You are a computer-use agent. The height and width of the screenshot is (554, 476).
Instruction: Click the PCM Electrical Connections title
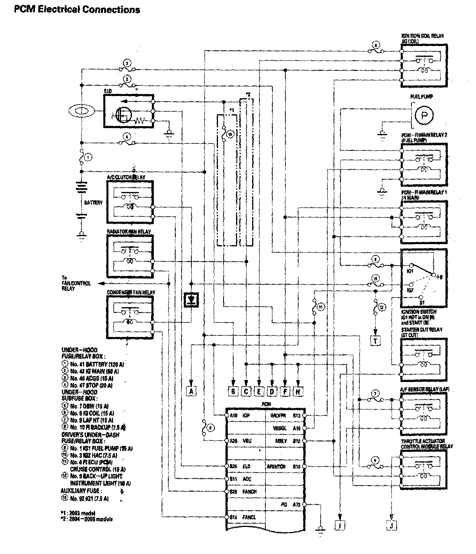tap(77, 9)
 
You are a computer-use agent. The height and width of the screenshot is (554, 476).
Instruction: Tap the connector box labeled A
tap(191, 391)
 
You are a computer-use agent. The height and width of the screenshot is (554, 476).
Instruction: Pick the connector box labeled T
tap(375, 340)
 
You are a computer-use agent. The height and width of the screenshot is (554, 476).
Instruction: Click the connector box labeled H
tap(298, 391)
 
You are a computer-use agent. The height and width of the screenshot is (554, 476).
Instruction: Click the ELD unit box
tap(129, 110)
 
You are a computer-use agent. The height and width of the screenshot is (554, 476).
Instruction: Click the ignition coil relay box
tap(424, 66)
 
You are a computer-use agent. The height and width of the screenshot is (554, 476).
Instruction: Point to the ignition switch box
tap(424, 278)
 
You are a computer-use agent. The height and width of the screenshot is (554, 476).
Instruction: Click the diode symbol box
tap(191, 300)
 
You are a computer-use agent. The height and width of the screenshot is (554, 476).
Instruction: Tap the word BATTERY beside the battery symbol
tap(93, 203)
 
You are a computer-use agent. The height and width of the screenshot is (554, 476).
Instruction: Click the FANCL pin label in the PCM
tap(249, 517)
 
